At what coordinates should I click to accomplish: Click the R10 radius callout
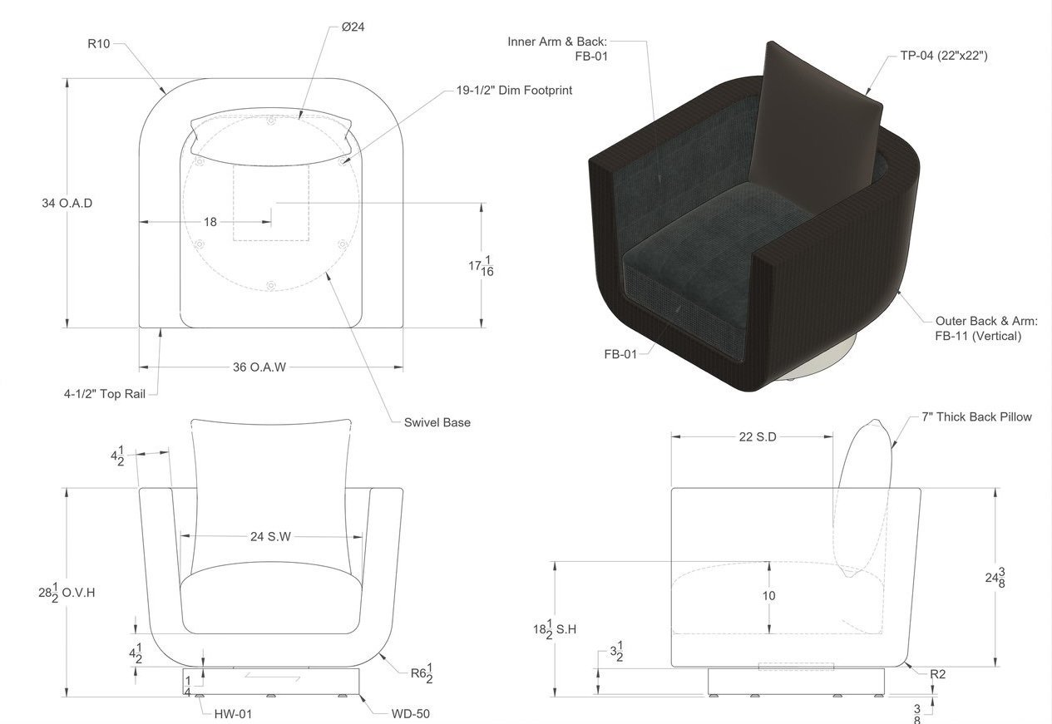[x=99, y=44]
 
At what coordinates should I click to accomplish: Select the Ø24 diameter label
[x=353, y=27]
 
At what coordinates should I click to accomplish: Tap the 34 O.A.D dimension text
[x=67, y=204]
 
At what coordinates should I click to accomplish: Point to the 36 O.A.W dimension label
[x=259, y=367]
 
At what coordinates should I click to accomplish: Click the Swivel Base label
[x=437, y=422]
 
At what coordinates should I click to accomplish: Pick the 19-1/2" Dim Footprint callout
[x=514, y=90]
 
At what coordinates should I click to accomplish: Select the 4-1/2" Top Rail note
[x=105, y=394]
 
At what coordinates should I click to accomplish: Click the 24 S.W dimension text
[x=270, y=536]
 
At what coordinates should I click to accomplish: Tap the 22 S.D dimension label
[x=758, y=437]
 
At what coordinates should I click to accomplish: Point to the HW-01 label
[x=233, y=714]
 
